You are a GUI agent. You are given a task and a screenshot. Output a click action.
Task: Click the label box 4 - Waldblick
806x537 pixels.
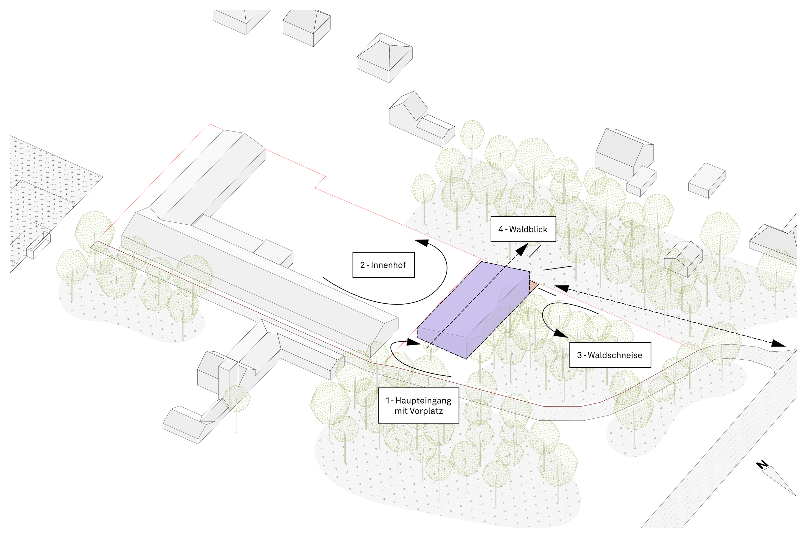[523, 229]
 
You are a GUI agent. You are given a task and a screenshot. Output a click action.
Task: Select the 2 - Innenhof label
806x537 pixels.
[383, 265]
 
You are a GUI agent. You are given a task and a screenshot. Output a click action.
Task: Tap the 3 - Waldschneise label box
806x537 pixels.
[610, 355]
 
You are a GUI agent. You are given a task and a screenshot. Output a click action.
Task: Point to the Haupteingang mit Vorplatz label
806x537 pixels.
[418, 405]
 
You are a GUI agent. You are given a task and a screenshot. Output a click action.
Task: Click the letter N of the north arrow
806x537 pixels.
[762, 465]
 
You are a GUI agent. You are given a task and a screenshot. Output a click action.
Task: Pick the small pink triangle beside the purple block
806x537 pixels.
[533, 286]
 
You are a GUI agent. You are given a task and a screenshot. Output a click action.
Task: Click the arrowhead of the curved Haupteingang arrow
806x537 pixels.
[413, 342]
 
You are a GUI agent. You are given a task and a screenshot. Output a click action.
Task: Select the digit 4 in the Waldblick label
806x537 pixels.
[500, 229]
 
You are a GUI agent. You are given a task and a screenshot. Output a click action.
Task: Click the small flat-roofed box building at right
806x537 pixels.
[707, 181]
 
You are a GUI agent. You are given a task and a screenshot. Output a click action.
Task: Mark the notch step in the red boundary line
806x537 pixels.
[320, 182]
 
